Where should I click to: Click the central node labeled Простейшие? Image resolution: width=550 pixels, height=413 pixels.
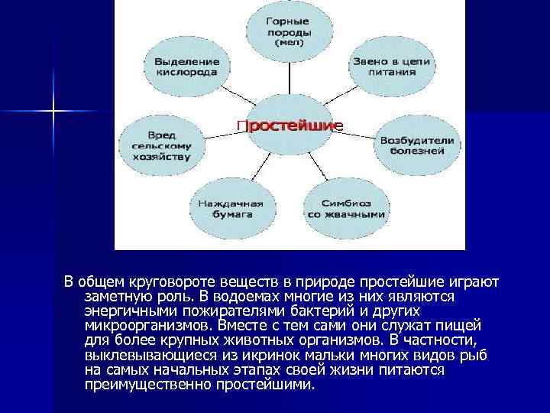pos(290,125)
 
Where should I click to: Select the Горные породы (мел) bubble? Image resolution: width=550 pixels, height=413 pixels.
pos(290,31)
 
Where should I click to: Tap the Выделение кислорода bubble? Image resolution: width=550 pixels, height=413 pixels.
pos(186,67)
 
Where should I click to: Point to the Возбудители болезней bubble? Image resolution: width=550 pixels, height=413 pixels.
pos(416,146)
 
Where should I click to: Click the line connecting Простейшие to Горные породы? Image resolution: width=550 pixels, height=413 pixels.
pos(290,76)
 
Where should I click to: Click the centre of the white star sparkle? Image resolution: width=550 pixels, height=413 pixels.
pos(53,112)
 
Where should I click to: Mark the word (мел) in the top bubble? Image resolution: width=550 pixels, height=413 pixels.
pos(290,44)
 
